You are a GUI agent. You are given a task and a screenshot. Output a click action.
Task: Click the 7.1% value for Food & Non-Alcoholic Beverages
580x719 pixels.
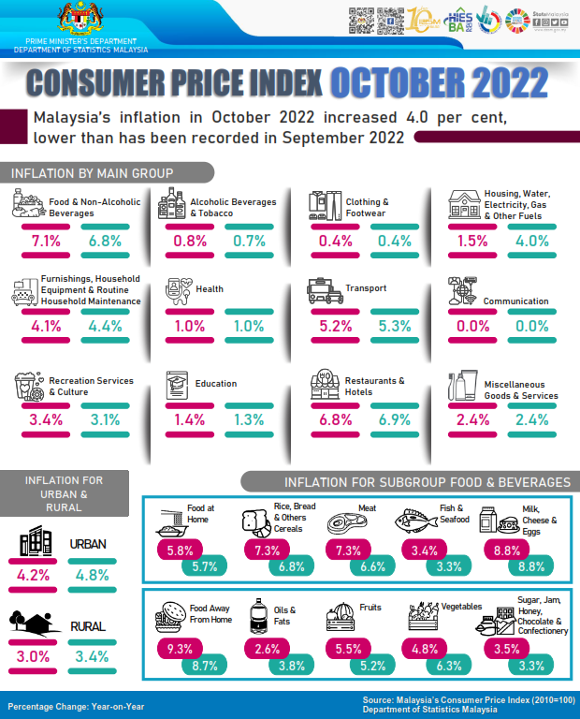(46, 242)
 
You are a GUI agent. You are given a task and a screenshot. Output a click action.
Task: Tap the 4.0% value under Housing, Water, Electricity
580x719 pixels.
(532, 242)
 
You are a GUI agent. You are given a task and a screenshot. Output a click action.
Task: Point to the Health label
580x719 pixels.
(210, 289)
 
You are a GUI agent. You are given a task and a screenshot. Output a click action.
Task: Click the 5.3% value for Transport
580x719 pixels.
(394, 327)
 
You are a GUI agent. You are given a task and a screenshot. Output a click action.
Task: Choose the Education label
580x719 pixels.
(216, 384)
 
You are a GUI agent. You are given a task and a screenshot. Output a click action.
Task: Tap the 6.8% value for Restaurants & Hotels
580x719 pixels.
(334, 419)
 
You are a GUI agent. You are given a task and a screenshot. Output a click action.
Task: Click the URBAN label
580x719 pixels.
(89, 544)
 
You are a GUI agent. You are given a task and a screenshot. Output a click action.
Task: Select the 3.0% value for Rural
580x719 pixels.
(33, 655)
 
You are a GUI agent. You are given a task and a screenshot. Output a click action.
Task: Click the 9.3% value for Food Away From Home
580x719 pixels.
(178, 647)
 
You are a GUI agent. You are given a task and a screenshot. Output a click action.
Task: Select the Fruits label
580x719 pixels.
(370, 607)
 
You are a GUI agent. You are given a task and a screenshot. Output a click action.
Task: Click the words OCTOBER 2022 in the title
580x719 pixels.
(437, 83)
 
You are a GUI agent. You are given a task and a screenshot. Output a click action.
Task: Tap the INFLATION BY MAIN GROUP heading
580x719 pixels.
(92, 172)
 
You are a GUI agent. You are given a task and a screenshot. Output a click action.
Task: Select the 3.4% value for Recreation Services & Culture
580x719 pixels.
(46, 419)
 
